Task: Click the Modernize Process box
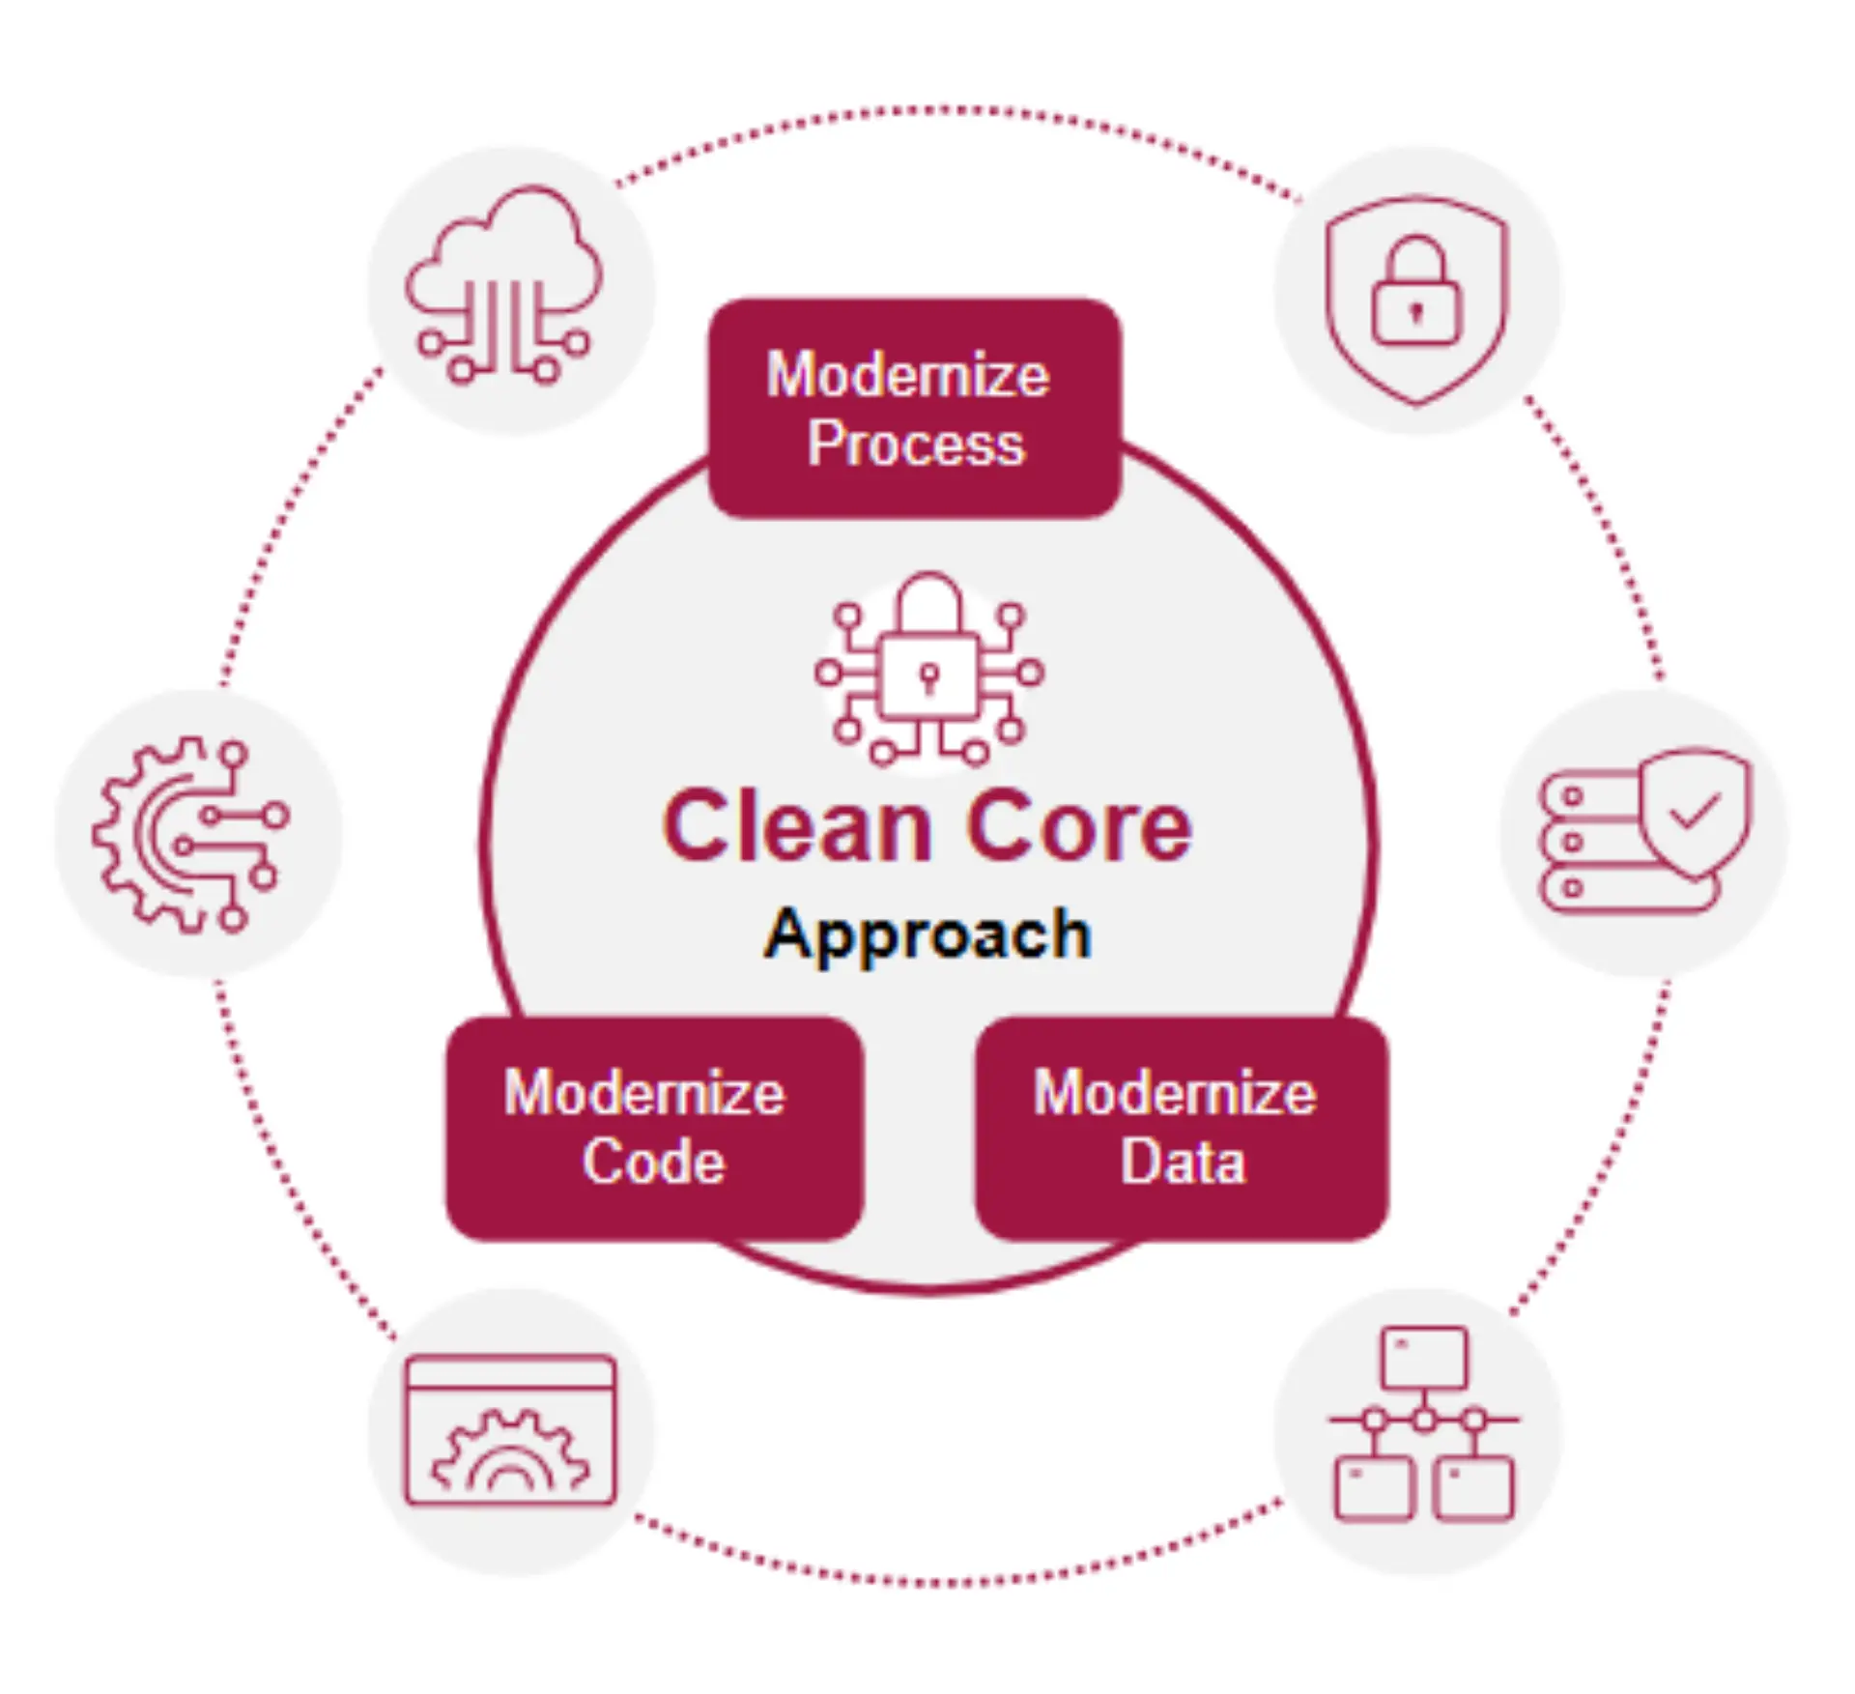(914, 408)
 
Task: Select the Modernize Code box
(654, 1127)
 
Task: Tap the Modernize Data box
(1181, 1127)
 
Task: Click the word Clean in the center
(795, 826)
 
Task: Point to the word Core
(1079, 826)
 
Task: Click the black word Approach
(927, 934)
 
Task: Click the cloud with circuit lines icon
(502, 285)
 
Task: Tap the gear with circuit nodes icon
(191, 834)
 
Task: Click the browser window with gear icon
(510, 1430)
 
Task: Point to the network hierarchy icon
(1423, 1422)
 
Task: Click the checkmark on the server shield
(1696, 810)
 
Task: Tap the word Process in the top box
(915, 445)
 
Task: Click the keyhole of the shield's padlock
(1416, 312)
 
